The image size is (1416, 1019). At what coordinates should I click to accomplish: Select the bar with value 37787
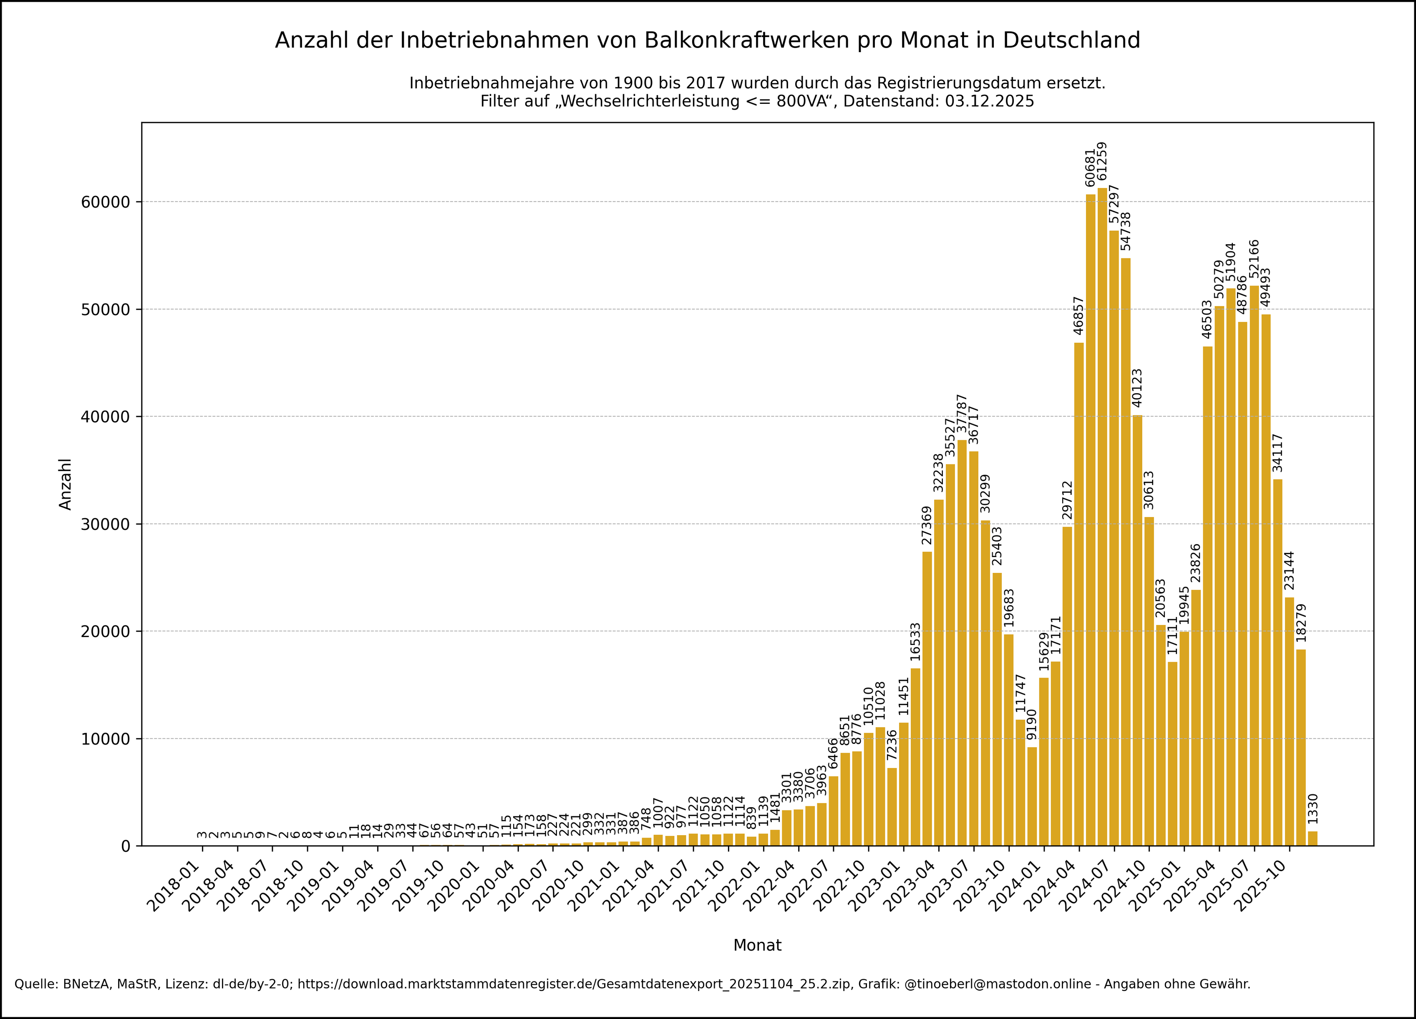tap(962, 643)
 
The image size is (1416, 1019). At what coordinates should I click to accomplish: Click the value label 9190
tap(1032, 724)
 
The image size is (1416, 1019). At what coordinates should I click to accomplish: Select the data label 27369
tap(927, 525)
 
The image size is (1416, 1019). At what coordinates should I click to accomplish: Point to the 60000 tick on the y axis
tap(107, 202)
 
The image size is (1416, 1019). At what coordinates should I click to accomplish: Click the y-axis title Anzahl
tap(66, 484)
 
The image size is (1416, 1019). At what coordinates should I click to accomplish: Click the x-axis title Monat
tap(757, 945)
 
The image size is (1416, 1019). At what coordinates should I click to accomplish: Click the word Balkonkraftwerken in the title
tap(746, 40)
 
